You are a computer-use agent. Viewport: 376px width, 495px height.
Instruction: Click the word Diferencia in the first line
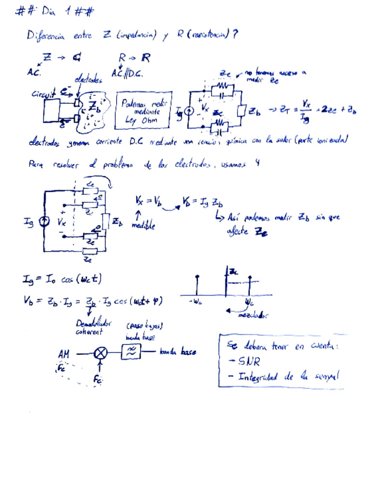[47, 36]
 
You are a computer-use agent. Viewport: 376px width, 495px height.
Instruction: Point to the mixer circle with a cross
[101, 353]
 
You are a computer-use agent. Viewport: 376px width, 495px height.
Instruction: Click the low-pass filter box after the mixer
[131, 352]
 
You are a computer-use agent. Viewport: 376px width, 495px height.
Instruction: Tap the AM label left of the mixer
[64, 353]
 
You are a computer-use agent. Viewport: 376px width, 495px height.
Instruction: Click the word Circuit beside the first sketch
[44, 92]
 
